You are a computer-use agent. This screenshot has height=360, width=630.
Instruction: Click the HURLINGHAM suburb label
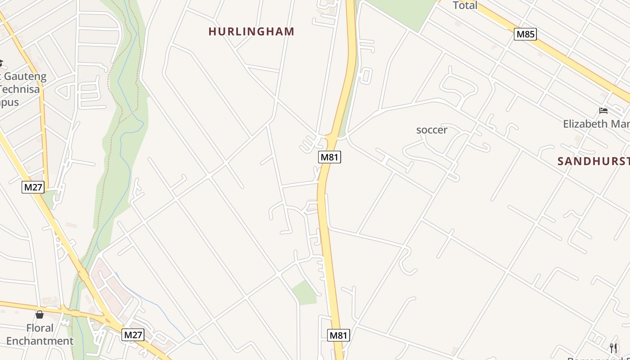(x=251, y=31)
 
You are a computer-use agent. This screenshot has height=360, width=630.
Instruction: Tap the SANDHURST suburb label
(x=593, y=162)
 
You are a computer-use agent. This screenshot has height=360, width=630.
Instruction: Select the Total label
(x=465, y=5)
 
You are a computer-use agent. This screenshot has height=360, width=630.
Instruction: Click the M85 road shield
(x=526, y=34)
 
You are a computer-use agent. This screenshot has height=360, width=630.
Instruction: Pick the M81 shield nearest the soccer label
(x=330, y=157)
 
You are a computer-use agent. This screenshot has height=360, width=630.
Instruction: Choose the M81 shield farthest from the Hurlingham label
(x=338, y=335)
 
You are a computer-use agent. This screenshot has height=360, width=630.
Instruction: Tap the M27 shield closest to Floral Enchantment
(x=133, y=335)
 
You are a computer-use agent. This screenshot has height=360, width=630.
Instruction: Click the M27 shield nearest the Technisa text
(x=33, y=187)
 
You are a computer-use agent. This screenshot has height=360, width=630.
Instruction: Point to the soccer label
(x=432, y=130)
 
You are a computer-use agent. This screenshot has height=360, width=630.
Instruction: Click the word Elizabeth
(x=584, y=124)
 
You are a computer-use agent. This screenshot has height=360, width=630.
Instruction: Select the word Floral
(x=40, y=328)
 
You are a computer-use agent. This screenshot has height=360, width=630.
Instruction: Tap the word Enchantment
(x=40, y=341)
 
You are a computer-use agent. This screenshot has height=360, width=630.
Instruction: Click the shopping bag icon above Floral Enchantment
(x=40, y=314)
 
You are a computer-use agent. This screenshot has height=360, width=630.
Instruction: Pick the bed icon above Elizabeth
(x=603, y=111)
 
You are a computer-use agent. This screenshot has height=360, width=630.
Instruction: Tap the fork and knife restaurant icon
(x=613, y=347)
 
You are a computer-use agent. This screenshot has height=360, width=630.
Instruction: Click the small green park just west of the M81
(x=305, y=292)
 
